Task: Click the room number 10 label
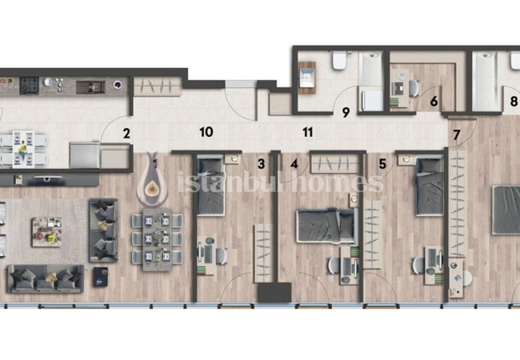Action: (x=206, y=132)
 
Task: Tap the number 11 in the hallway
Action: (x=308, y=132)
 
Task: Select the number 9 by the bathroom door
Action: (x=346, y=112)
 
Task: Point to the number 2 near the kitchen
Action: (x=126, y=134)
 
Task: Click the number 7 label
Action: (x=456, y=135)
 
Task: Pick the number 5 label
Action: (x=382, y=164)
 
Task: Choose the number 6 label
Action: (x=434, y=102)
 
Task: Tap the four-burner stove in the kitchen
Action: (x=29, y=86)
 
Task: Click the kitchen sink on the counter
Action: (x=90, y=87)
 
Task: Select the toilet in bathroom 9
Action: (x=339, y=61)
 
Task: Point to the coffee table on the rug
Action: (x=46, y=232)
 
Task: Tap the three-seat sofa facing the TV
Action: (x=46, y=279)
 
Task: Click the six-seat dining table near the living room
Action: (x=158, y=240)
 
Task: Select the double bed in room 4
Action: (x=327, y=226)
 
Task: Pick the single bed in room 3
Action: (x=210, y=186)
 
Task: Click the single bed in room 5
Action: (x=430, y=186)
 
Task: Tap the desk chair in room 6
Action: (x=414, y=89)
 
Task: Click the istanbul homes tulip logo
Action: (x=152, y=180)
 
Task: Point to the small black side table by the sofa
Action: (x=101, y=277)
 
